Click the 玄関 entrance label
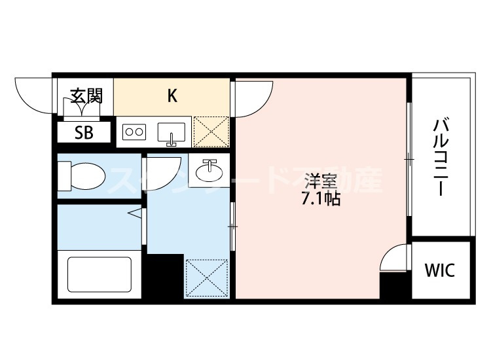(x=86, y=96)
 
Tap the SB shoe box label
(x=83, y=132)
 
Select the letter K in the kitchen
(x=172, y=96)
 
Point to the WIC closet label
(x=439, y=270)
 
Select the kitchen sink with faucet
(x=172, y=133)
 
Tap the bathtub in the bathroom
(x=100, y=276)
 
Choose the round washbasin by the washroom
(x=210, y=171)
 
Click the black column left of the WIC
(x=394, y=285)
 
